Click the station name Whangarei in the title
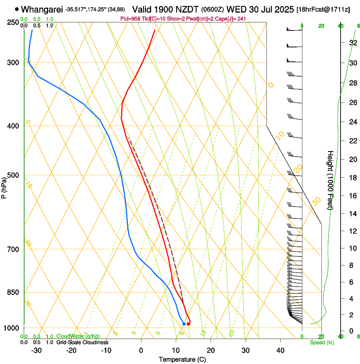pyautogui.click(x=43, y=9)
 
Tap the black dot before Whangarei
pyautogui.click(x=17, y=9)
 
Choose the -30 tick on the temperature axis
pyautogui.click(x=36, y=350)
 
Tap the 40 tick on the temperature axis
pyautogui.click(x=280, y=350)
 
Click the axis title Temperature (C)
pyautogui.click(x=182, y=359)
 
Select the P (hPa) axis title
pyautogui.click(x=4, y=186)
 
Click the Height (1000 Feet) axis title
pyautogui.click(x=330, y=180)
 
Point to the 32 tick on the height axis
pyautogui.click(x=352, y=42)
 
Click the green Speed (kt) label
pyautogui.click(x=321, y=342)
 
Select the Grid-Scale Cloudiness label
pyautogui.click(x=82, y=342)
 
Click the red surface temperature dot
pyautogui.click(x=188, y=324)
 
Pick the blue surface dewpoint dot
pyautogui.click(x=184, y=324)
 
